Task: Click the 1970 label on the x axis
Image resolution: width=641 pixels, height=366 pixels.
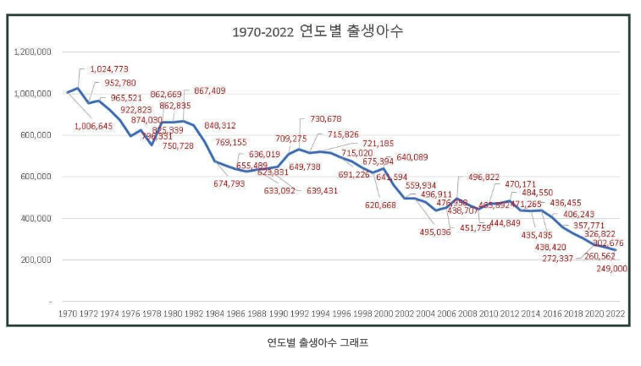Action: click(x=68, y=313)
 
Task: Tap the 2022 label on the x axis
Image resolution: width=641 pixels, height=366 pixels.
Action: click(x=616, y=313)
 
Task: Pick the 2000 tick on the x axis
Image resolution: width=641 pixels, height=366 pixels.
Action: click(x=384, y=313)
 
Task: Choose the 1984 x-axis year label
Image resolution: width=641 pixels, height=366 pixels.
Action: click(x=215, y=313)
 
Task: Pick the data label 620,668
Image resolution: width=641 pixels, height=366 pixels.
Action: click(x=381, y=205)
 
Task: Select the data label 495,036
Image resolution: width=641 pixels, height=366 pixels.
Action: click(x=435, y=232)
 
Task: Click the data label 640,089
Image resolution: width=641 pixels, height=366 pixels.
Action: click(x=412, y=157)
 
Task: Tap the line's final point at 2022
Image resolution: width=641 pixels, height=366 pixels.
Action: click(x=616, y=250)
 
